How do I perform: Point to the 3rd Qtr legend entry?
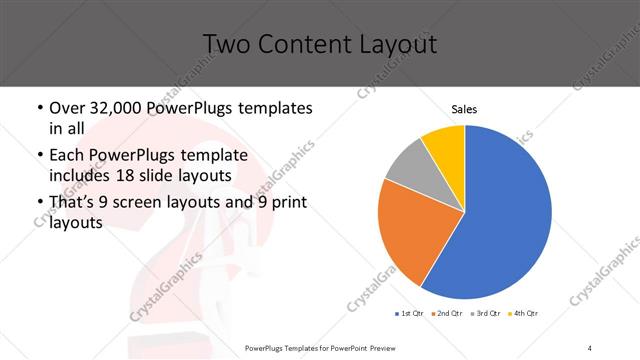pyautogui.click(x=487, y=313)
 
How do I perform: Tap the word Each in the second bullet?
pyautogui.click(x=67, y=155)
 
